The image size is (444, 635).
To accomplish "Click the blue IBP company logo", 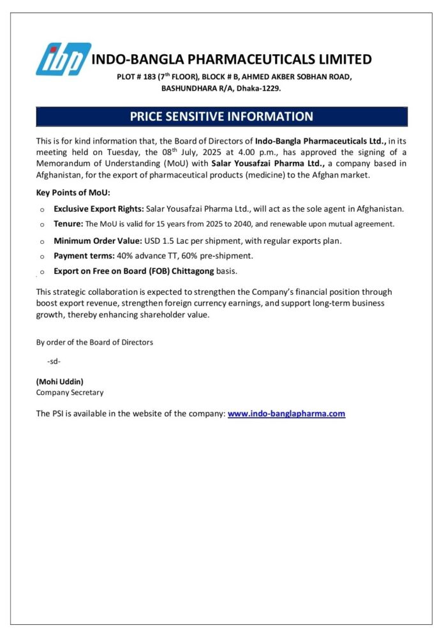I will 63,59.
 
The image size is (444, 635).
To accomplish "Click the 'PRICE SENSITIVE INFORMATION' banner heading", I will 221,116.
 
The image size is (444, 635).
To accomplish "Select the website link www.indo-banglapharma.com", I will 286,414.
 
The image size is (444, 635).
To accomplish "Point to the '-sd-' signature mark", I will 54,361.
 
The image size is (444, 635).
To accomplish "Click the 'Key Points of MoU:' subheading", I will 73,192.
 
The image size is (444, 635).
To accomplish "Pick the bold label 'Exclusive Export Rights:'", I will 99,209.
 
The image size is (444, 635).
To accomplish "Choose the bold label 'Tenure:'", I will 68,224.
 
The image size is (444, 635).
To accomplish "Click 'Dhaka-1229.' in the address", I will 259,88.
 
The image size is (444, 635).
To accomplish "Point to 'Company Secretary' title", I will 70,392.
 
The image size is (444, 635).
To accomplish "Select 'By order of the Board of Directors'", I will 94,342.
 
